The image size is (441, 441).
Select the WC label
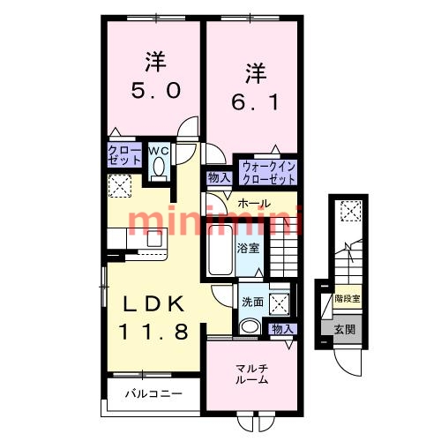[x=158, y=150]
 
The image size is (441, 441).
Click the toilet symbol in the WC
[x=159, y=169]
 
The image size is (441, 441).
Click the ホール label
[x=254, y=204]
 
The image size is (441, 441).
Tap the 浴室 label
[x=249, y=248]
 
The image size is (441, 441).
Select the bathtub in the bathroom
[x=220, y=250]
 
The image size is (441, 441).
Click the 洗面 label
[x=252, y=302]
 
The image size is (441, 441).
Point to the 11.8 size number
[x=153, y=333]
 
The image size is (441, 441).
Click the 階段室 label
[x=347, y=300]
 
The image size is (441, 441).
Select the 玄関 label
[x=345, y=330]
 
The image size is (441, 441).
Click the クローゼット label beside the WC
[x=124, y=156]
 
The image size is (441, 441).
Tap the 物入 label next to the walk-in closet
[x=219, y=178]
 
